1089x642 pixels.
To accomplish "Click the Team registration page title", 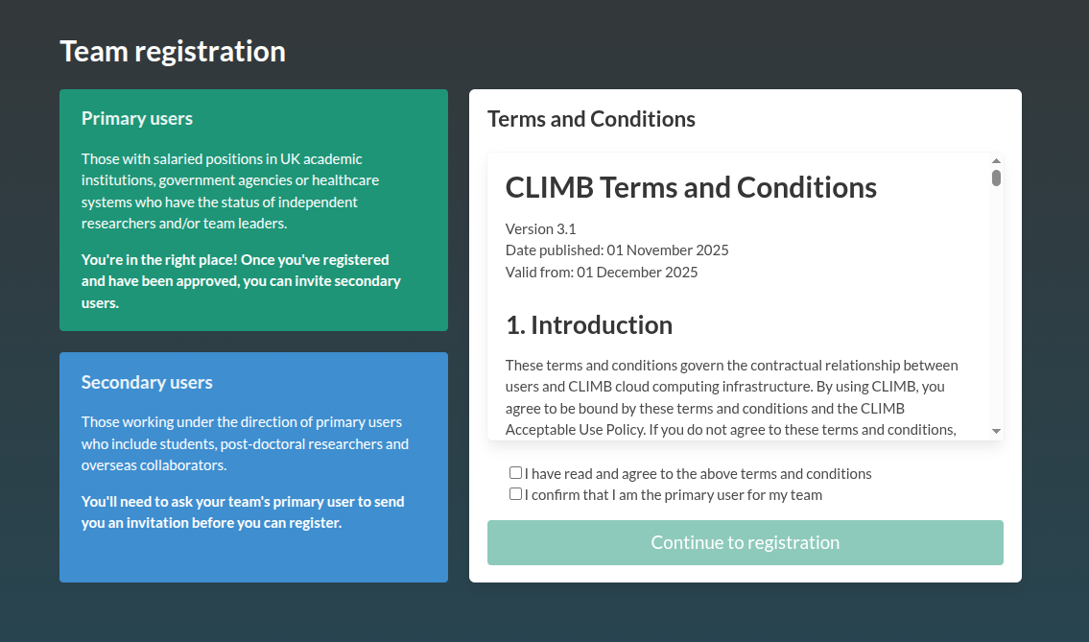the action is [173, 52].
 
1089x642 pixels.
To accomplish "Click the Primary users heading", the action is [137, 118].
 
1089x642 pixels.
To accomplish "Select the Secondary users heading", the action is [147, 382].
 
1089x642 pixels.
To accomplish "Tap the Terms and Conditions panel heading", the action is [591, 119].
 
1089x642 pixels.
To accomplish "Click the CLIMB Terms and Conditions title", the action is [691, 187].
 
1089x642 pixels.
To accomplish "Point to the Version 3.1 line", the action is [540, 228].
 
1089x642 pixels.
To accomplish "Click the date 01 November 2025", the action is [668, 250].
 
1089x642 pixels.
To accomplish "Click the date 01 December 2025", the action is [637, 272].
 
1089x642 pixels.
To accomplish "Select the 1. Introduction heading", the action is [589, 325].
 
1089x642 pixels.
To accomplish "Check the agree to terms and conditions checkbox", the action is [515, 473].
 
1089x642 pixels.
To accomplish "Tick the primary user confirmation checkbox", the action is [515, 494].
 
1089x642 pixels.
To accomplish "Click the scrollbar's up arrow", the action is [996, 160].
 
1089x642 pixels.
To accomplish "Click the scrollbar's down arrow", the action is [996, 432].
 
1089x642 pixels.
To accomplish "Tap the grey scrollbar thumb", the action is [996, 178].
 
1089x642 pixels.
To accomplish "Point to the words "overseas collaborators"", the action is [154, 464].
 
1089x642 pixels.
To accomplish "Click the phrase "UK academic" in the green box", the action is [320, 159].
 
